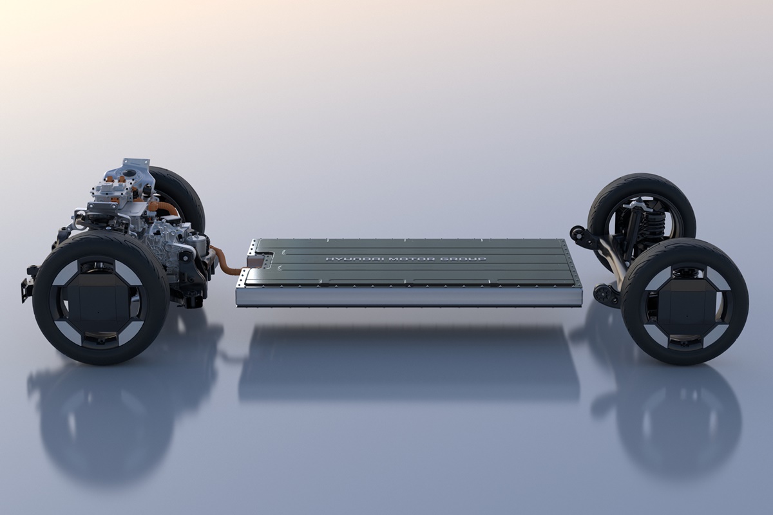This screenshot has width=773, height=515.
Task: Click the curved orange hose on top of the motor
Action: click(169, 209)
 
